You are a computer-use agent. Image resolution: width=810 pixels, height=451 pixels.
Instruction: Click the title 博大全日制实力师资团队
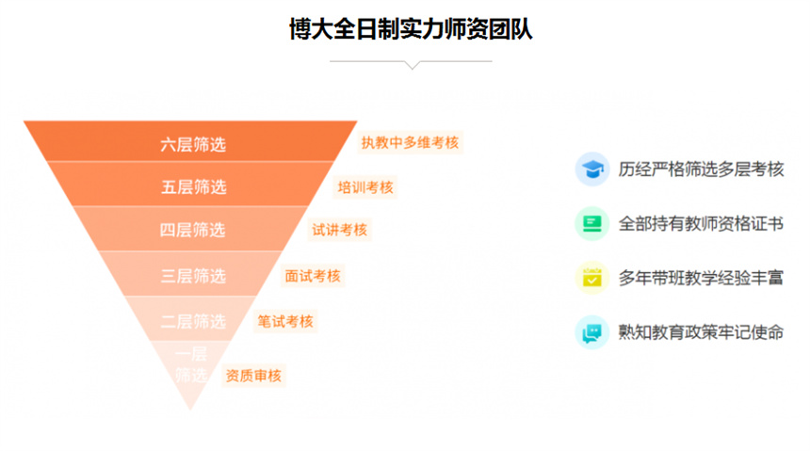(411, 28)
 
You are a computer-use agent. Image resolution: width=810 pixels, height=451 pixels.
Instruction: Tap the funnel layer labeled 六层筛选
(192, 144)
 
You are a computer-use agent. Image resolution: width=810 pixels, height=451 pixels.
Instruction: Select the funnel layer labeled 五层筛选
(193, 186)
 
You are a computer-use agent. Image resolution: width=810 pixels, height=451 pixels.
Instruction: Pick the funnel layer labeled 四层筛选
(192, 230)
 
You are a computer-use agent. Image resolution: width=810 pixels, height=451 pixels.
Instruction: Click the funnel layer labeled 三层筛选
(192, 276)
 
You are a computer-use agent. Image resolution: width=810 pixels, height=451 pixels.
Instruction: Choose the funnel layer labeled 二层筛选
(192, 321)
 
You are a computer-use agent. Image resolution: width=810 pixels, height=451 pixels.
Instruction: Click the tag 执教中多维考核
(410, 142)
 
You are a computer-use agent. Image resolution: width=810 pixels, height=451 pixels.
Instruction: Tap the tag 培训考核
(365, 186)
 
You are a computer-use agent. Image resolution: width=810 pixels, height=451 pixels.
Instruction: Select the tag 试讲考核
(339, 230)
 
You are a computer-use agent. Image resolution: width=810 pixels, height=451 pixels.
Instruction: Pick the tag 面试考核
(313, 276)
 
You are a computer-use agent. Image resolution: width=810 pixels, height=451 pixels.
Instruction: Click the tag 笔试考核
(285, 321)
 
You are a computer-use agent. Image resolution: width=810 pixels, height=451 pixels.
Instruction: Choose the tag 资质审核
(253, 376)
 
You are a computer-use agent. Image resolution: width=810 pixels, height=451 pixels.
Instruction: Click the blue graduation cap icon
(591, 169)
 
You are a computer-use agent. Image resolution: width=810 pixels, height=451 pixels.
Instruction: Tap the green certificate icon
(591, 224)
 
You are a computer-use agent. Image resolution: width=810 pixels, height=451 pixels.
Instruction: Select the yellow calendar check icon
(591, 278)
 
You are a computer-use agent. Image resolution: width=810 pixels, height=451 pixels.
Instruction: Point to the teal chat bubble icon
(591, 331)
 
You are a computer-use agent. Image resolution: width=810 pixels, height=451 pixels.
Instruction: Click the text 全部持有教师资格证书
(701, 224)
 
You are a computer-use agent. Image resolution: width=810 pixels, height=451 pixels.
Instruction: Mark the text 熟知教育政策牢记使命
(701, 331)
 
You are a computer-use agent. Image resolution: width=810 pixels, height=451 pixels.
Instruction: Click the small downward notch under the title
(411, 65)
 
